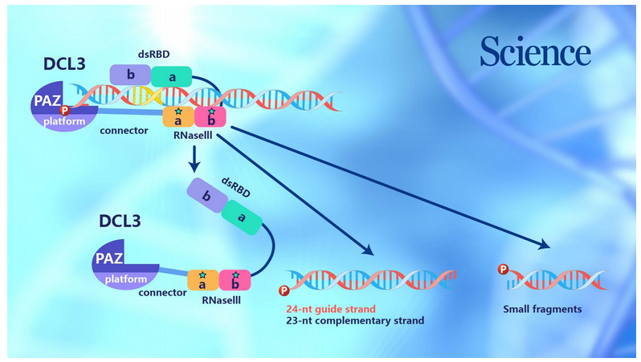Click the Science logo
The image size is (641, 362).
535,52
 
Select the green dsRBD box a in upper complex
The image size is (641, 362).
171,76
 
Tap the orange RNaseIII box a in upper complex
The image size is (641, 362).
178,117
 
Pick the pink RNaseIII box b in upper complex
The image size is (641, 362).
210,117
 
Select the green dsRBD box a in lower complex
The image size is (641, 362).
239,217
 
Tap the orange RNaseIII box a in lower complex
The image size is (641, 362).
202,280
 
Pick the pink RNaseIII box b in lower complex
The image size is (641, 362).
235,280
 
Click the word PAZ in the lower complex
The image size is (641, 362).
110,258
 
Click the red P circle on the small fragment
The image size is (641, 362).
504,270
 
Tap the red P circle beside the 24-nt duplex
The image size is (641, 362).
283,290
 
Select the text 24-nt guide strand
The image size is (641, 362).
330,308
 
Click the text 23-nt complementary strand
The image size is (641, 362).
354,321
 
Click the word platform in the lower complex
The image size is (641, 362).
126,279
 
